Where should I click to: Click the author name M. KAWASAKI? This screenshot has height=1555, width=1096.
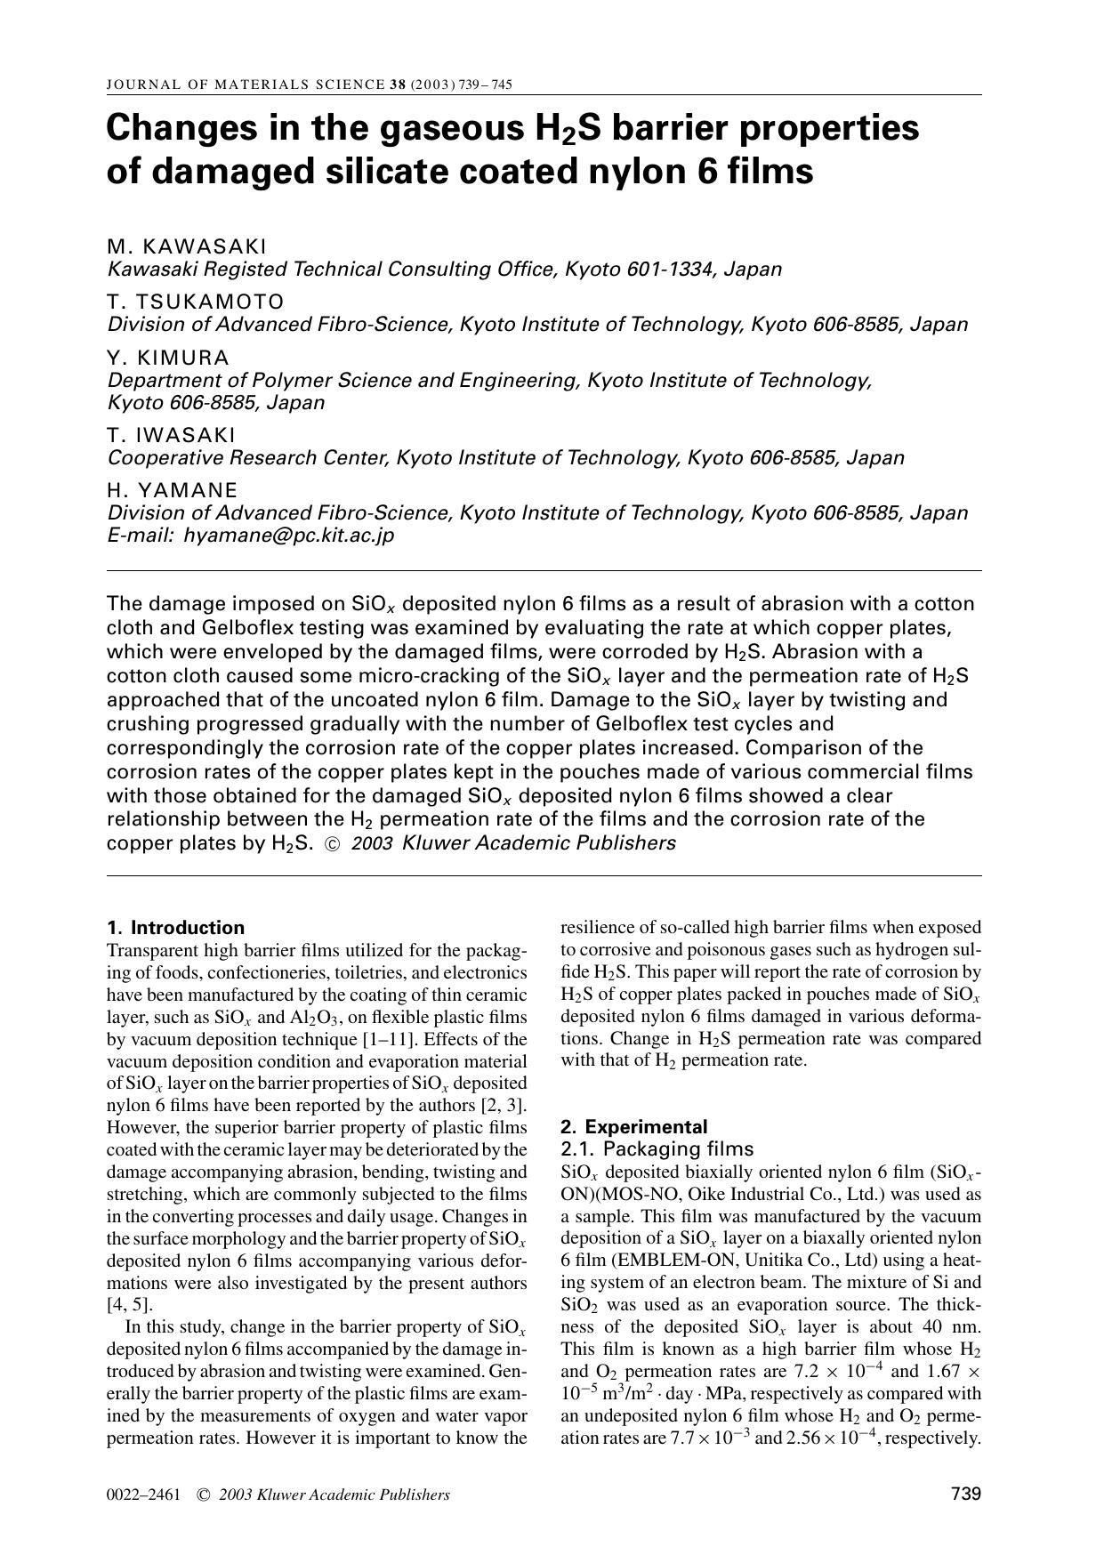tap(187, 246)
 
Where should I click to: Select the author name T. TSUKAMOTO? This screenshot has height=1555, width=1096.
tap(196, 302)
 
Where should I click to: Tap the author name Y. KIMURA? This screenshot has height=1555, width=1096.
tap(168, 358)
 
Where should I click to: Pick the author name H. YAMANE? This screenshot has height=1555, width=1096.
tap(173, 490)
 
